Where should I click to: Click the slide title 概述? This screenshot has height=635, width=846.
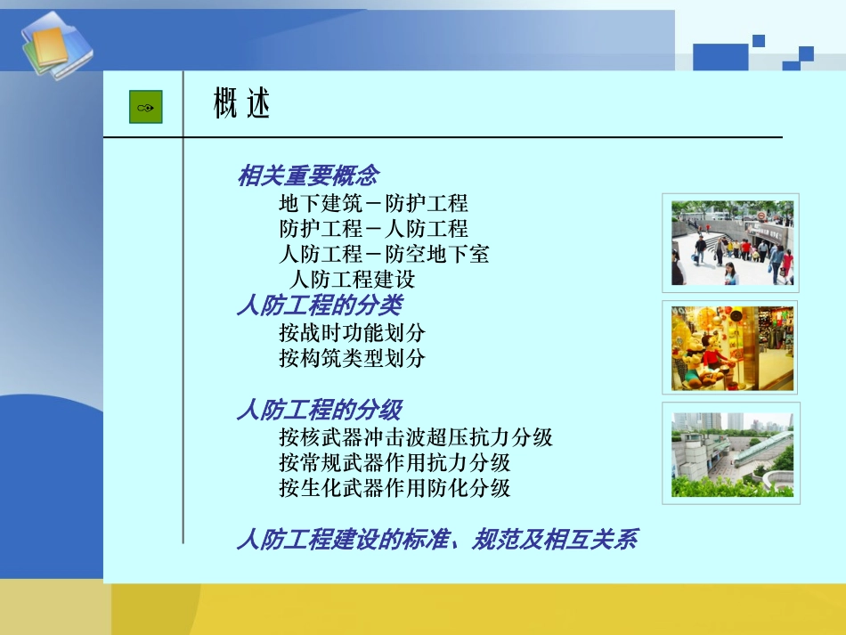(x=241, y=105)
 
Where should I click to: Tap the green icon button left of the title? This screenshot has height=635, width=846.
(x=146, y=108)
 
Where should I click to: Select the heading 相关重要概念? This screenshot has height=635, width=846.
(x=307, y=175)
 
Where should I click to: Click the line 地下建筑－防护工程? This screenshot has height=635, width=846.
(x=373, y=203)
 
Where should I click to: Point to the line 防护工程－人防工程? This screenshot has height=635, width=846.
(x=373, y=228)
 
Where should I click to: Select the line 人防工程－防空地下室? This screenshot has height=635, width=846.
(x=384, y=254)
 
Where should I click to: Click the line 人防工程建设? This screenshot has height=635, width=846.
(x=353, y=279)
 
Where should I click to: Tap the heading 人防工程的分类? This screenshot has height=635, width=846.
(x=319, y=305)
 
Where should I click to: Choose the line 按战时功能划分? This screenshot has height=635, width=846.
(x=352, y=333)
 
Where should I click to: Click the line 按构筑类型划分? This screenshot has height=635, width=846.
(x=352, y=358)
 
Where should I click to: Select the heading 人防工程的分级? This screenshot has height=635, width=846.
(x=319, y=410)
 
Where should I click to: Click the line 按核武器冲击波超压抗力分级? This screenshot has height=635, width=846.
(x=416, y=437)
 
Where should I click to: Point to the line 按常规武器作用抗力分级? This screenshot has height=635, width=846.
(x=395, y=462)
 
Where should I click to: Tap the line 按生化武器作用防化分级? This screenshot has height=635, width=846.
(x=395, y=487)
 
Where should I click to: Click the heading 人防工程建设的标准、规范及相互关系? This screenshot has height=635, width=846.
(x=436, y=539)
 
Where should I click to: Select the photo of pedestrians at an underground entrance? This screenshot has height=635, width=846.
(x=730, y=242)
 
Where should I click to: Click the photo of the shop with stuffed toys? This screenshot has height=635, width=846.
(x=730, y=347)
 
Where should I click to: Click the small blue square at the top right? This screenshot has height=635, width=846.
(x=759, y=40)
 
